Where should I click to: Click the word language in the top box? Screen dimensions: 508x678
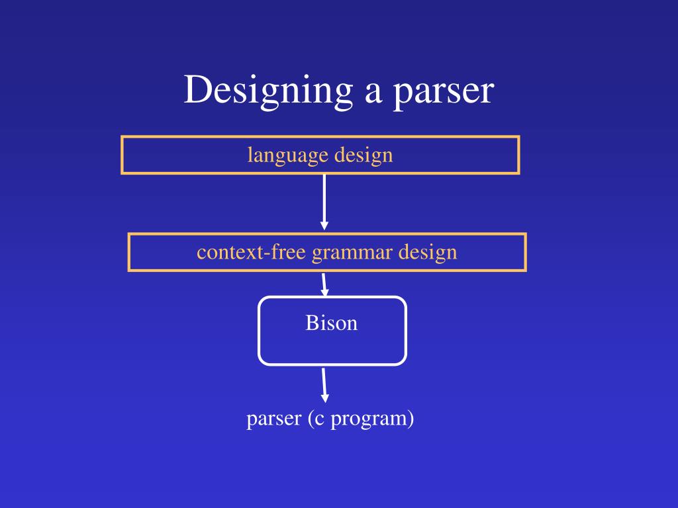(288, 156)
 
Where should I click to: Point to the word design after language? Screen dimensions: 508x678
(363, 155)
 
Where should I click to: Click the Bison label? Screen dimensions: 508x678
(331, 323)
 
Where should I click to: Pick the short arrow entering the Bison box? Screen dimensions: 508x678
(324, 284)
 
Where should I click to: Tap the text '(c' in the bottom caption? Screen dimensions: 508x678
(315, 419)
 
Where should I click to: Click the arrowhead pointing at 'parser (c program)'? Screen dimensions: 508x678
(325, 398)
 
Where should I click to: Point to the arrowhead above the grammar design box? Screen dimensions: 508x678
(324, 226)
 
